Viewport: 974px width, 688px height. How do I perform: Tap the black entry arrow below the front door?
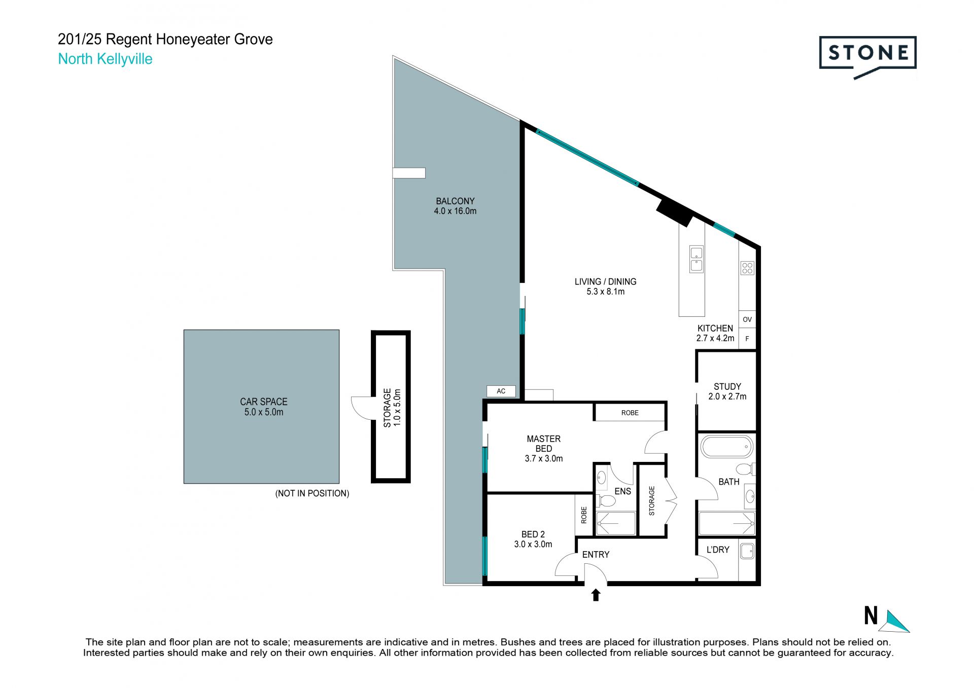596,595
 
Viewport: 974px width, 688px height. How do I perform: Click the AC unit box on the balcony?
501,391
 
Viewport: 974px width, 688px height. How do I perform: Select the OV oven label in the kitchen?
747,319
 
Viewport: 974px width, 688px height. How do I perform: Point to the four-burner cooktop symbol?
747,268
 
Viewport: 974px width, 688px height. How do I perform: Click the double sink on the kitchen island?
696,259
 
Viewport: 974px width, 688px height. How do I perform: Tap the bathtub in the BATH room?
726,447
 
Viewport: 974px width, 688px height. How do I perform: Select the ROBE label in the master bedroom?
630,413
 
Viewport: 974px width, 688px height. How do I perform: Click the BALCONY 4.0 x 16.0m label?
455,206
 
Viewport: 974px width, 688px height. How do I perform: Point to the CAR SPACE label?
264,407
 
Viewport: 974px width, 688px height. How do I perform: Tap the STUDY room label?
727,391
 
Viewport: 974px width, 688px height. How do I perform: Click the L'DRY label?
718,549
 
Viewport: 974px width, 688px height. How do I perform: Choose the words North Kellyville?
105,59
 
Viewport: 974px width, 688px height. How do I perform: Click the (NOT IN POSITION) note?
312,493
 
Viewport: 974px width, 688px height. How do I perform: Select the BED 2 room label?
533,539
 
